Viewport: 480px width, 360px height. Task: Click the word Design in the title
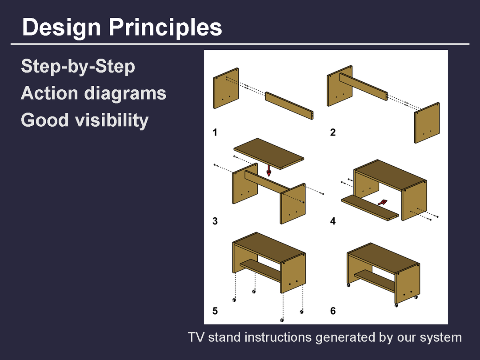tap(61, 28)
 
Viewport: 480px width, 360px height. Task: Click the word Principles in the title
tap(165, 28)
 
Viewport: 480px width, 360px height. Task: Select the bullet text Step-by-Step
tap(78, 67)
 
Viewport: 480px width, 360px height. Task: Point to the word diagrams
tap(125, 94)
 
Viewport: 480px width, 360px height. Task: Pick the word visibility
tap(112, 120)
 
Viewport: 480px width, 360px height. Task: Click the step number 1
tap(215, 132)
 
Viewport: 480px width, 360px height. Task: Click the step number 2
tap(333, 132)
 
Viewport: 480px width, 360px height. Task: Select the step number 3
tap(215, 221)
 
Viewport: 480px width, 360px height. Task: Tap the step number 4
tap(333, 221)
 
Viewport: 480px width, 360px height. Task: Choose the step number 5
tap(215, 311)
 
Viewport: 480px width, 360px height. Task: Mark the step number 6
tap(333, 311)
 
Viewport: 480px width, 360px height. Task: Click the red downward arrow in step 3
tap(269, 171)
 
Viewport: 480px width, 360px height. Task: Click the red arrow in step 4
tap(382, 202)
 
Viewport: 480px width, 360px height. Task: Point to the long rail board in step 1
tap(289, 105)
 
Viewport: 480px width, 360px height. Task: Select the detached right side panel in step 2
tap(427, 123)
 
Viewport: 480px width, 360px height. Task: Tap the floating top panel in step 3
tap(269, 153)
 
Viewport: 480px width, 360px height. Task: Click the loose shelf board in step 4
tap(370, 208)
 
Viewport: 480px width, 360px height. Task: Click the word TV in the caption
tap(196, 337)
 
